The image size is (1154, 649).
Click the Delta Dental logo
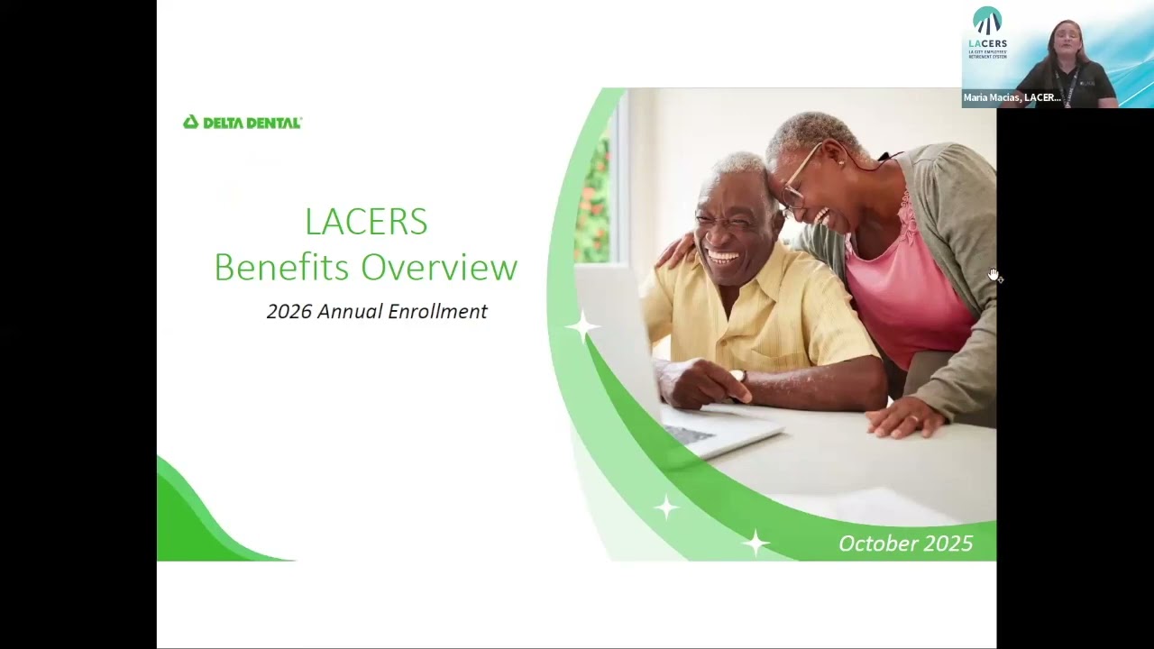point(242,123)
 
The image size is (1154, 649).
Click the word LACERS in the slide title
point(366,222)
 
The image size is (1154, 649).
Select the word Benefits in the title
point(281,267)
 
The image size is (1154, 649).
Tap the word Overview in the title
point(440,267)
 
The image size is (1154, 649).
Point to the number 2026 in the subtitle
point(289,311)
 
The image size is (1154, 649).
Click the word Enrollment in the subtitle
point(439,311)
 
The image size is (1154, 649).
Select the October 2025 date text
point(905,544)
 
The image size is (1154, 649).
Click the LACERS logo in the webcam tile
point(987,32)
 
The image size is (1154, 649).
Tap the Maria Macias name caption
point(1012,97)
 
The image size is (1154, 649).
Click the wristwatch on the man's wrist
point(738,376)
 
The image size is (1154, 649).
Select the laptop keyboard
point(691,434)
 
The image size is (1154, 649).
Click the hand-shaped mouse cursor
point(994,275)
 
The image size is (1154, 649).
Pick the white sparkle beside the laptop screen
point(583,326)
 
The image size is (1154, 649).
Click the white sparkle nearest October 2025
point(755,543)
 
